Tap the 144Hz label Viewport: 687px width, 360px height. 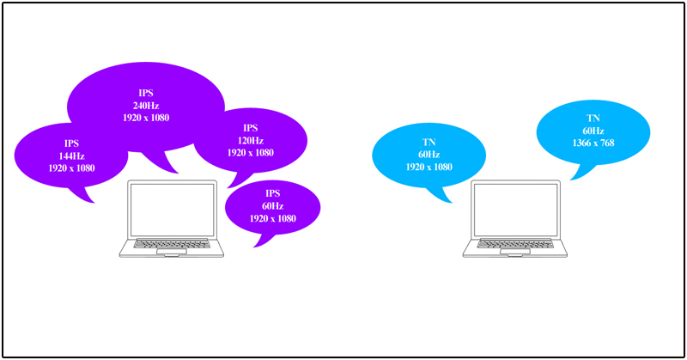point(71,156)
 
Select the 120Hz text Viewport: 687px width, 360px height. point(250,140)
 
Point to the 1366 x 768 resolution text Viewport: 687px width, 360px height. point(593,142)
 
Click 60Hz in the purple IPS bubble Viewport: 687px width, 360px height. point(272,206)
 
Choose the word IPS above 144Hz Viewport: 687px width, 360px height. point(71,143)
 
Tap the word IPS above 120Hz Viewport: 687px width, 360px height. point(250,128)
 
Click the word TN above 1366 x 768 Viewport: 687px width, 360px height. point(593,118)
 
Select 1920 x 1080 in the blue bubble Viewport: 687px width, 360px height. point(429,167)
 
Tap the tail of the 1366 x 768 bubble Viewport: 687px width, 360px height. point(576,173)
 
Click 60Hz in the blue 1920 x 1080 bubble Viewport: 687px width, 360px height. point(429,155)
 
